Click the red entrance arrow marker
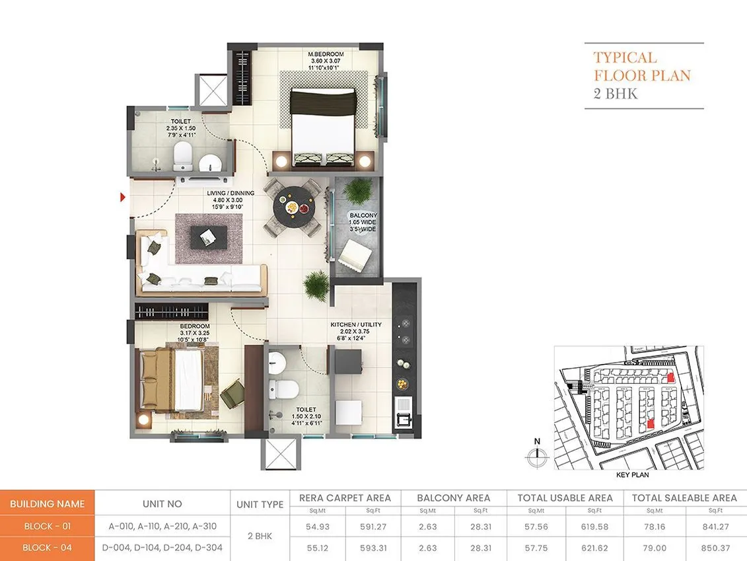(x=123, y=196)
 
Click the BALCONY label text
(x=363, y=215)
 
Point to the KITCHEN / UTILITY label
(x=356, y=324)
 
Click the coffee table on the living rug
(x=208, y=235)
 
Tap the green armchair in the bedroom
(x=231, y=394)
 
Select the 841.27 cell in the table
(x=711, y=527)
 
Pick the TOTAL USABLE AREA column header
(x=565, y=498)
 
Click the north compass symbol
(x=537, y=453)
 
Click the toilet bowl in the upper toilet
(x=182, y=156)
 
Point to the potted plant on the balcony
(x=357, y=191)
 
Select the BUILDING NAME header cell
(x=47, y=504)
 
